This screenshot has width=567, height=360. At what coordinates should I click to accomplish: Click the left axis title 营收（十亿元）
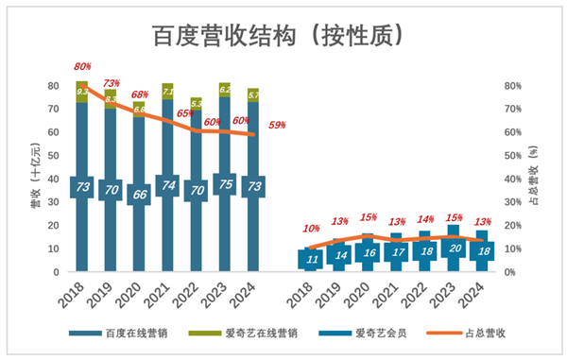(35, 175)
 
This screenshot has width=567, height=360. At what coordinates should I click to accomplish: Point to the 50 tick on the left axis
(55, 155)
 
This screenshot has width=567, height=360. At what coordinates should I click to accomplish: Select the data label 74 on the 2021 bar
(167, 186)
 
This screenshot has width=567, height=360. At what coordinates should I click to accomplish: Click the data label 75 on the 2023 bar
(225, 185)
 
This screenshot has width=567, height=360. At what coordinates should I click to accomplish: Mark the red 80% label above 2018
(82, 67)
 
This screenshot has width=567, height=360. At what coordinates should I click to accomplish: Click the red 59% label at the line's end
(278, 124)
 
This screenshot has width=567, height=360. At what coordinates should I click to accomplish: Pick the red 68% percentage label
(140, 94)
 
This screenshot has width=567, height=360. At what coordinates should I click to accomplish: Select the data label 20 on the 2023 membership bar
(455, 249)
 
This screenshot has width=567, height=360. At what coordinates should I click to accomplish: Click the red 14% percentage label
(425, 219)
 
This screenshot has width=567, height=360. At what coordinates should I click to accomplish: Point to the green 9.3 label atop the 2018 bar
(83, 92)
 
